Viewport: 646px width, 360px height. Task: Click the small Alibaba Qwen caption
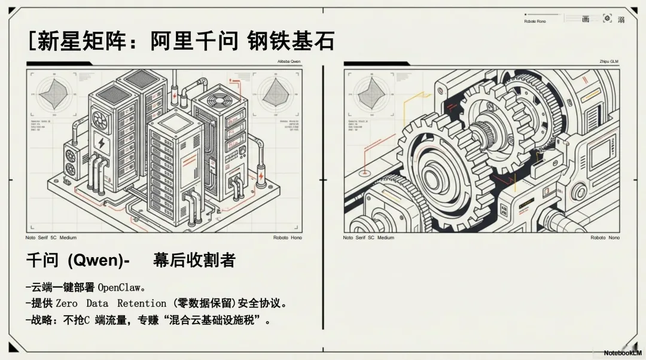[x=289, y=62]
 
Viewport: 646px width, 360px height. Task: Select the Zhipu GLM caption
[x=608, y=62]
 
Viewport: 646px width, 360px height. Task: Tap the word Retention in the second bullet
[x=142, y=304]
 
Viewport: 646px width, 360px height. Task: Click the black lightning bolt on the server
[x=102, y=144]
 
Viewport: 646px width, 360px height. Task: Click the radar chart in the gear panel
[x=373, y=93]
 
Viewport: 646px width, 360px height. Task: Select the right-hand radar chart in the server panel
[x=275, y=93]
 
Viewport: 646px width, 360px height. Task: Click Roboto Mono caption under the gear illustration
[x=605, y=238]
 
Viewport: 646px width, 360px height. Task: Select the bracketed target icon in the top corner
[x=607, y=19]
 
